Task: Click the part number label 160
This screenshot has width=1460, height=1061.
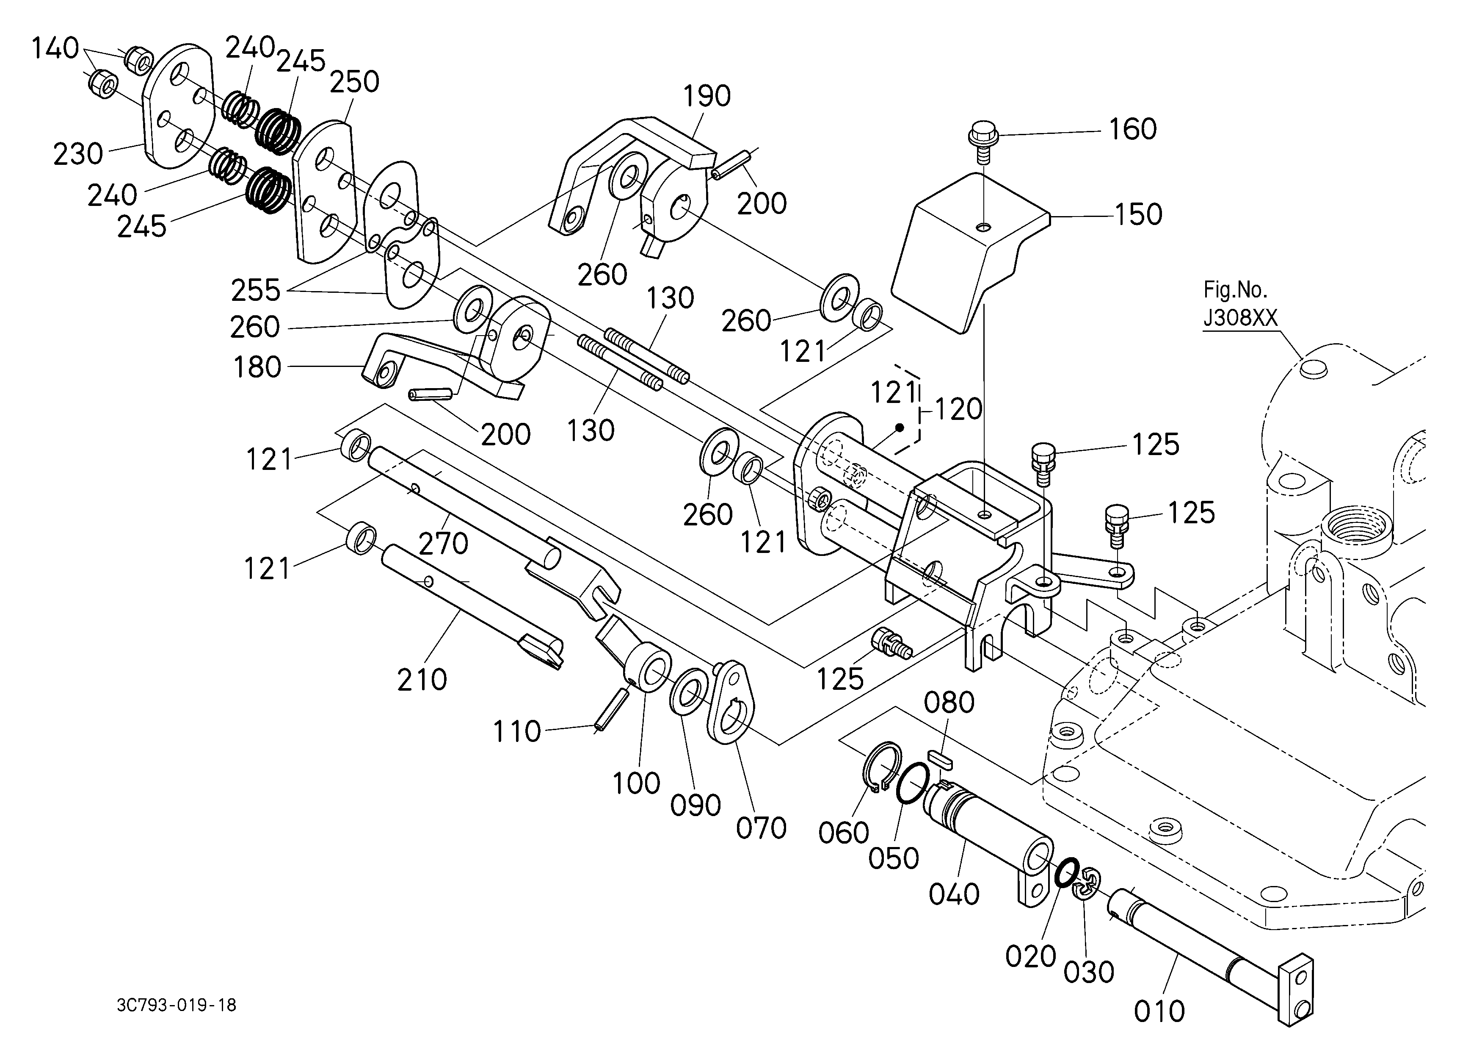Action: tap(1132, 130)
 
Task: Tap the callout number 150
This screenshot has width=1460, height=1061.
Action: tap(1138, 214)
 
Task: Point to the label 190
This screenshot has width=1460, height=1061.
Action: tap(707, 96)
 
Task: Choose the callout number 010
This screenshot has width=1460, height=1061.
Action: tap(1159, 1011)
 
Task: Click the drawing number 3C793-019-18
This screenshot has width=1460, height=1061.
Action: tap(177, 1005)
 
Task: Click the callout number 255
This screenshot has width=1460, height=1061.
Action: tap(256, 291)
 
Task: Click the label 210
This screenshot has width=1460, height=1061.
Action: tap(422, 680)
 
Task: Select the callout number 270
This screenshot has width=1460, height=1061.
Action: tap(444, 543)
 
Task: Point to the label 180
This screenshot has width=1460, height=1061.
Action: tap(257, 367)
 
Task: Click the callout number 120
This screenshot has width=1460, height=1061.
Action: tap(958, 409)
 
